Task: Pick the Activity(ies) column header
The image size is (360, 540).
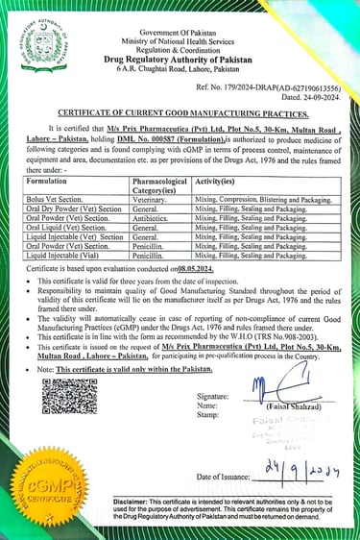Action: (214, 179)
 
